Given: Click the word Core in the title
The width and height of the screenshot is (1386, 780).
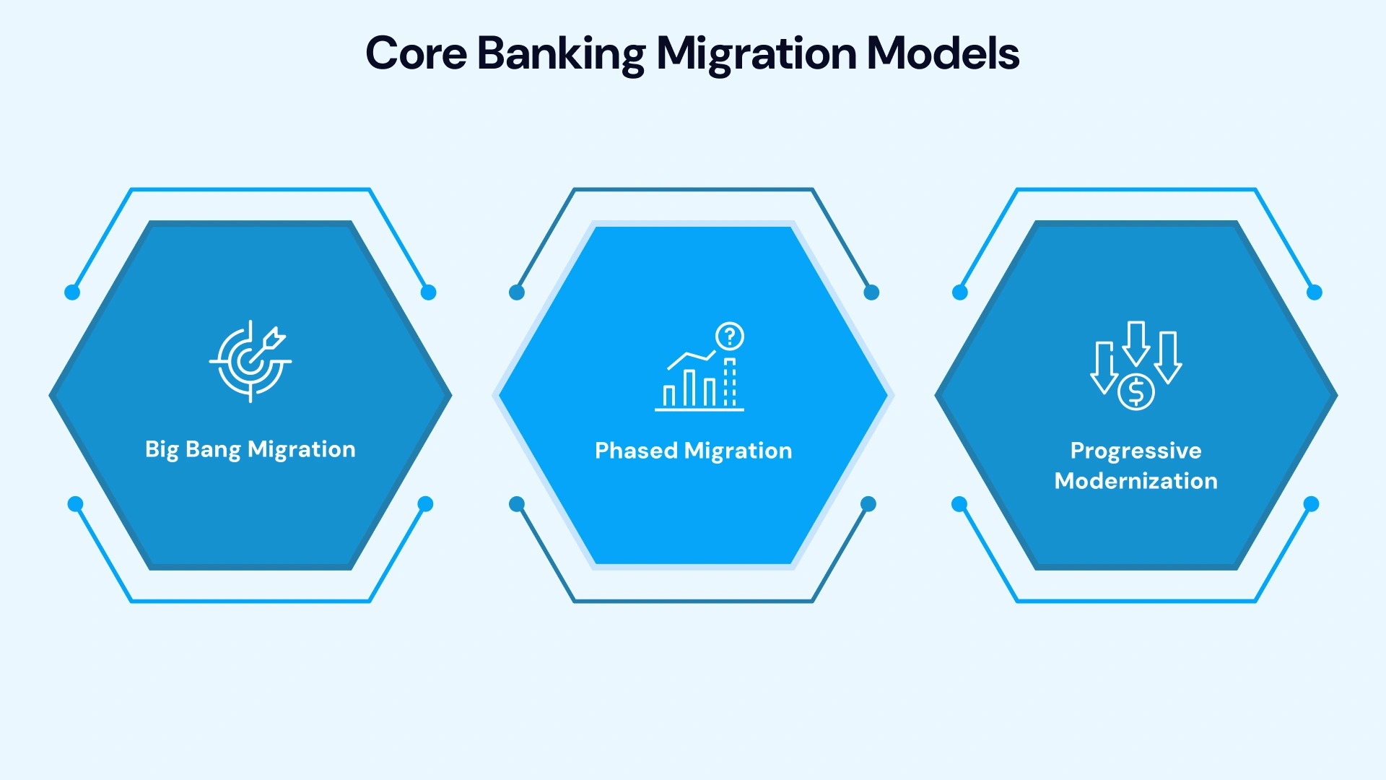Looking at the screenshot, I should (x=416, y=53).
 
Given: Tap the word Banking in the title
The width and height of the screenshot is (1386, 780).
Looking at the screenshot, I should (x=561, y=53).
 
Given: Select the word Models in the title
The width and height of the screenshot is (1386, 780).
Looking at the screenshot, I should (x=942, y=53).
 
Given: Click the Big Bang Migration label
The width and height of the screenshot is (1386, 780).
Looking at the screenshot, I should (x=250, y=449).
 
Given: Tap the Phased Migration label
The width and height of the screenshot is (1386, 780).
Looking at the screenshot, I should (x=693, y=451).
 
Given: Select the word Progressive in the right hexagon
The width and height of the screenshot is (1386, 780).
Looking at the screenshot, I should (x=1136, y=451).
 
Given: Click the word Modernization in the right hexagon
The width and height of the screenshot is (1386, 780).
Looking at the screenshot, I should (x=1136, y=481).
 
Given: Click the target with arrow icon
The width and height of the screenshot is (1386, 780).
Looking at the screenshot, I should (x=250, y=361).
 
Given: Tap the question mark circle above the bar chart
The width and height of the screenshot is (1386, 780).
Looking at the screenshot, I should (x=730, y=336).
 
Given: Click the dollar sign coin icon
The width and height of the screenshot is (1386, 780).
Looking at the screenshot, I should (x=1136, y=392).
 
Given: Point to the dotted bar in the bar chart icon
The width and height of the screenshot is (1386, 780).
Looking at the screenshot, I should (x=730, y=383).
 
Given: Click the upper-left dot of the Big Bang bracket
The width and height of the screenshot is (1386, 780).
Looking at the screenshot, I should (x=72, y=292).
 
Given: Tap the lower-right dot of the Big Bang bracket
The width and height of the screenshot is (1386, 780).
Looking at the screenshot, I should (x=425, y=504).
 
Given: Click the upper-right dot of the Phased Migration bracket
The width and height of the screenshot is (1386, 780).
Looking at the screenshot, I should (x=871, y=292).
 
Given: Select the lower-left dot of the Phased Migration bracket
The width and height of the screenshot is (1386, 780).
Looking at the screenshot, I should (x=517, y=504).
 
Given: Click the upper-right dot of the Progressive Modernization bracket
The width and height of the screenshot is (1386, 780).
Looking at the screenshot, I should (x=1315, y=292).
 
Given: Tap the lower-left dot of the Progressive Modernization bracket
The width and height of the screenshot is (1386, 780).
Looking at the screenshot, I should (x=959, y=504).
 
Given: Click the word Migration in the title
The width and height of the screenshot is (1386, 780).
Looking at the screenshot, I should (x=756, y=53).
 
